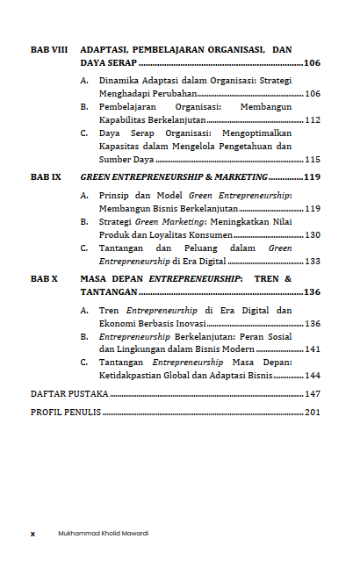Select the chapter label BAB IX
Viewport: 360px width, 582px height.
point(46,177)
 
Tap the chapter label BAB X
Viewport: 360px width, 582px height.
point(44,278)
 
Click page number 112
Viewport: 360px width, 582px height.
point(312,120)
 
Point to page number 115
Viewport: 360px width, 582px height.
point(312,160)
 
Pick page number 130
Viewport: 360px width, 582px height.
point(312,235)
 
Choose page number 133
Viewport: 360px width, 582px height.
point(312,262)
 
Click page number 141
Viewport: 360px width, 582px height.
point(312,349)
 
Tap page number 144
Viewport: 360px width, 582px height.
point(312,376)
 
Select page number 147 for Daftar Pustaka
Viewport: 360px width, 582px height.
point(312,395)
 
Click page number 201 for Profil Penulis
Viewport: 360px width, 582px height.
point(312,413)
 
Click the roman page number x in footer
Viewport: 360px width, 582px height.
point(32,533)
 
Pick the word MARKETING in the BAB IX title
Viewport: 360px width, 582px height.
point(237,177)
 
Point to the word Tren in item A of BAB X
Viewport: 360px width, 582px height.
point(109,311)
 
